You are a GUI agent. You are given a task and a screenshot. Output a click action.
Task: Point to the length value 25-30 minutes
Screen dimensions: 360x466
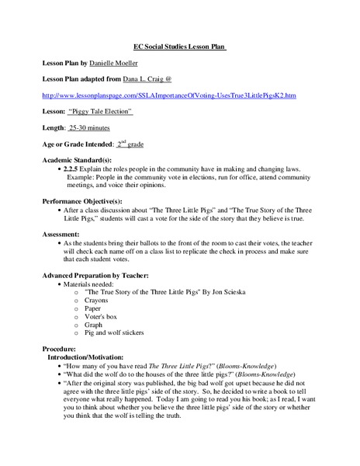tap(109, 127)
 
